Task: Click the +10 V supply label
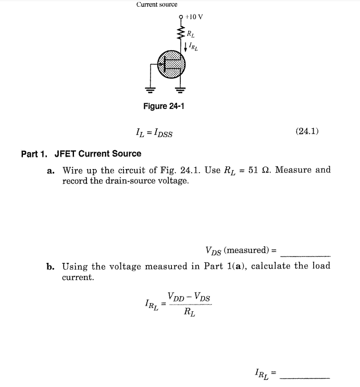click(194, 17)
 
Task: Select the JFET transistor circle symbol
click(171, 64)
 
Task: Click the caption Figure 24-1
click(164, 106)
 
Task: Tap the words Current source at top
click(156, 4)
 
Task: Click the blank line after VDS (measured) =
click(305, 254)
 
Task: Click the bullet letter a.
click(51, 171)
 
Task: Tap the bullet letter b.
click(50, 267)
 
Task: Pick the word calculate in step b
click(272, 266)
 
